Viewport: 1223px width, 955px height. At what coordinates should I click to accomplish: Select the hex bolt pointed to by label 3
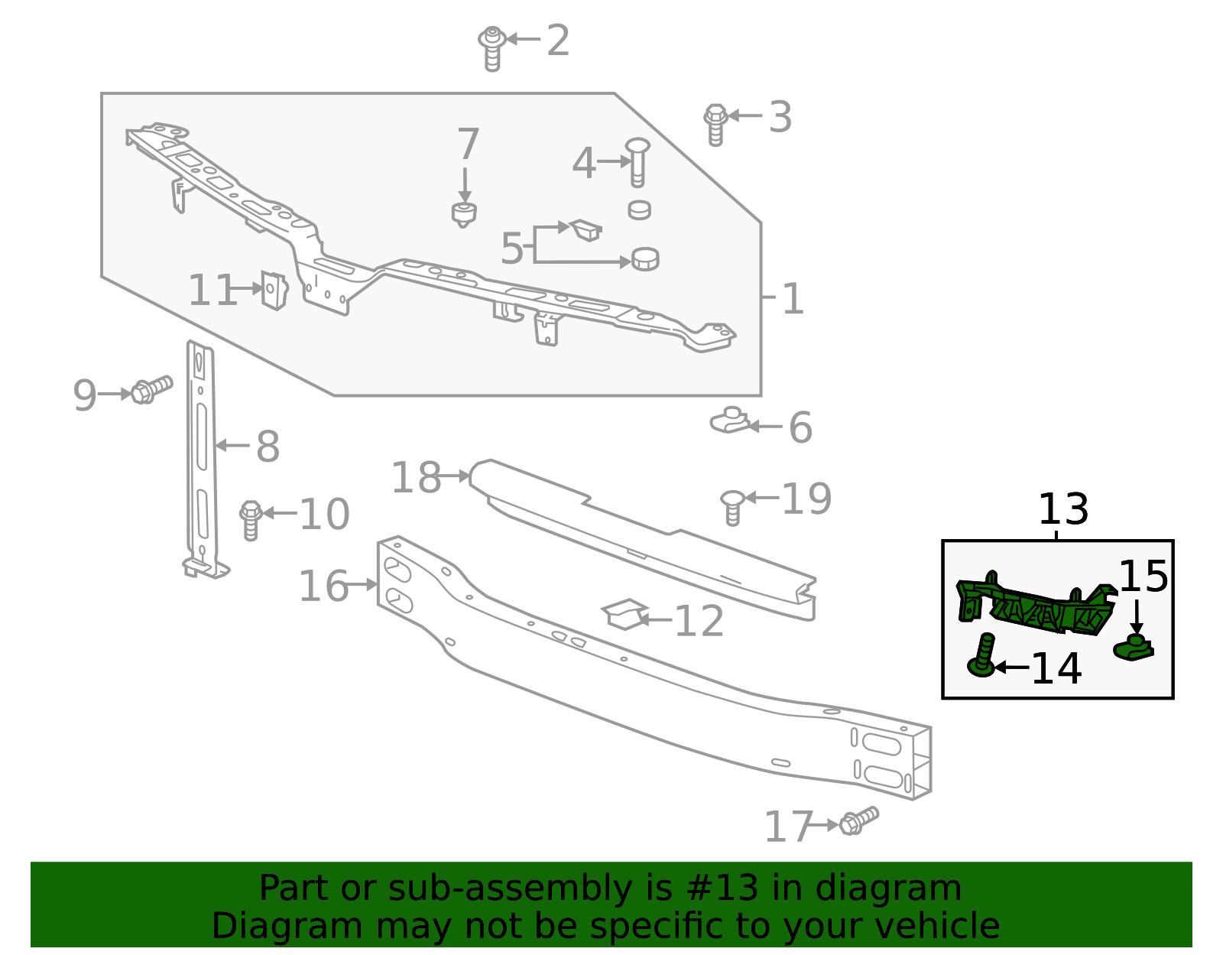click(715, 124)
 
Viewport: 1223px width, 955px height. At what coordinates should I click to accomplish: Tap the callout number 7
click(468, 145)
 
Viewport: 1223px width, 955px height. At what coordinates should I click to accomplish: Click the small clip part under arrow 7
click(464, 214)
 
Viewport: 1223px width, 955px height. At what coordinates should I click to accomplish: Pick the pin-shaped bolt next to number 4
click(637, 161)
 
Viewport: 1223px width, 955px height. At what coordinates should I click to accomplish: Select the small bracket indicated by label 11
click(274, 291)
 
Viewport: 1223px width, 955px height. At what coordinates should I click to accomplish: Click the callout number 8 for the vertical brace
click(268, 447)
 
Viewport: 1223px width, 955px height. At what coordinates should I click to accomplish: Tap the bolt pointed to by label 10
click(251, 519)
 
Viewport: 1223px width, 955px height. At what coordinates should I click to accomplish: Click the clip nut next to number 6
click(730, 420)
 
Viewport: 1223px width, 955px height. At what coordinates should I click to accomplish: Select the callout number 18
click(416, 478)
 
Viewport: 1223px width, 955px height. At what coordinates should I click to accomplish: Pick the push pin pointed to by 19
click(732, 507)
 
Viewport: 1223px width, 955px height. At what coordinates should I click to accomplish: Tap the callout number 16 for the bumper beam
click(323, 586)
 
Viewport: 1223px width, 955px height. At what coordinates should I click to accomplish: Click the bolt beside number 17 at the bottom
click(858, 822)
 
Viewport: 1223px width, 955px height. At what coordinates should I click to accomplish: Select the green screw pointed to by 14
click(983, 656)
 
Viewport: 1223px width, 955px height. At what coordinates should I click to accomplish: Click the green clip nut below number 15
click(1134, 648)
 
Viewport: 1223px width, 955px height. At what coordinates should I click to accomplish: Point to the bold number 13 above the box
click(1062, 509)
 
